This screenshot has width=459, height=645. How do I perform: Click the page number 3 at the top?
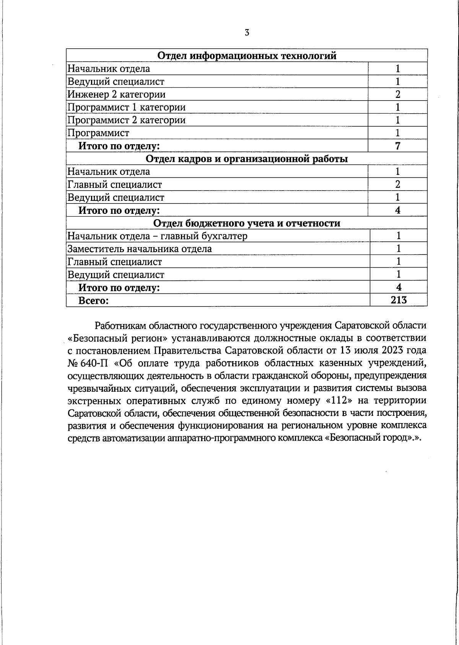tap(247, 33)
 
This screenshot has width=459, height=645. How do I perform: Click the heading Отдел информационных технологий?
tap(247, 56)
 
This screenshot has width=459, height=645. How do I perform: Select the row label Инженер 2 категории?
tap(117, 94)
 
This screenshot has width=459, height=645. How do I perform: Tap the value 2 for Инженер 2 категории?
tap(398, 94)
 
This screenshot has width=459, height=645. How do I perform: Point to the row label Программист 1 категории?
tap(127, 107)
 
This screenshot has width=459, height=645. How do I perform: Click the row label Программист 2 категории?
tap(127, 120)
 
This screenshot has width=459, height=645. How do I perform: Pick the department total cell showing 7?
tap(398, 146)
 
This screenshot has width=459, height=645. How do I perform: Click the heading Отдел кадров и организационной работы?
tap(247, 159)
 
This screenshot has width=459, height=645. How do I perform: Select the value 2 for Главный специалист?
tap(398, 184)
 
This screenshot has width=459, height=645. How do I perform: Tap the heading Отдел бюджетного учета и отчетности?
tap(247, 223)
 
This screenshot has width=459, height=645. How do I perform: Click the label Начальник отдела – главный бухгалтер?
tap(157, 236)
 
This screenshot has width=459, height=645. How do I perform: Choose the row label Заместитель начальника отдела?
tap(140, 249)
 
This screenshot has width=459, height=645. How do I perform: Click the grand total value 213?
tap(399, 300)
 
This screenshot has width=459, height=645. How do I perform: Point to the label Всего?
tap(94, 301)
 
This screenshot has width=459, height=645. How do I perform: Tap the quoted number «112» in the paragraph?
tap(341, 401)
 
